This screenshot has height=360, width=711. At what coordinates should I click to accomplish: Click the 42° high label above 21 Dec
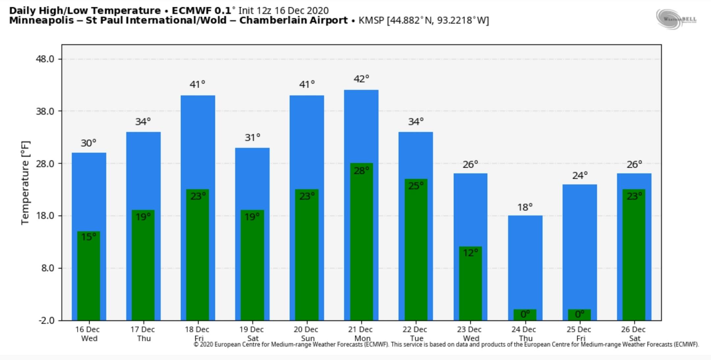pos(361,79)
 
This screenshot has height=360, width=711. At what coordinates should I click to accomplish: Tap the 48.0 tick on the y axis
pos(45,59)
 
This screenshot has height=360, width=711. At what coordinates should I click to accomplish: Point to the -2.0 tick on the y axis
pos(46,320)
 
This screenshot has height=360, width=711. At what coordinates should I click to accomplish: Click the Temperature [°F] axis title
pos(25,183)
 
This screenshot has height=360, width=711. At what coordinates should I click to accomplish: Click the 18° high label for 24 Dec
pos(525,208)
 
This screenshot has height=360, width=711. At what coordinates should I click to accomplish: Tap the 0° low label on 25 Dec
pos(579,314)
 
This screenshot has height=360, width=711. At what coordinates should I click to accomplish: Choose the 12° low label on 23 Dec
pos(470,253)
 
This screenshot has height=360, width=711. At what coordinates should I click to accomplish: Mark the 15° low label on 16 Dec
pos(89,237)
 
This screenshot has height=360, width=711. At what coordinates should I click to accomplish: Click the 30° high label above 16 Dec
pos(89,143)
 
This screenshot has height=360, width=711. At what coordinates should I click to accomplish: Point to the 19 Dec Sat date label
pos(251,334)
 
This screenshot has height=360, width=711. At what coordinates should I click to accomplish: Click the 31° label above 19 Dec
pos(252,137)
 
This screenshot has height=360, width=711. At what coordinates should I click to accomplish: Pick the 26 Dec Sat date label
pos(633,334)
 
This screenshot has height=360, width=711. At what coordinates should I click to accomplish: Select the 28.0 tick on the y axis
pos(45,164)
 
